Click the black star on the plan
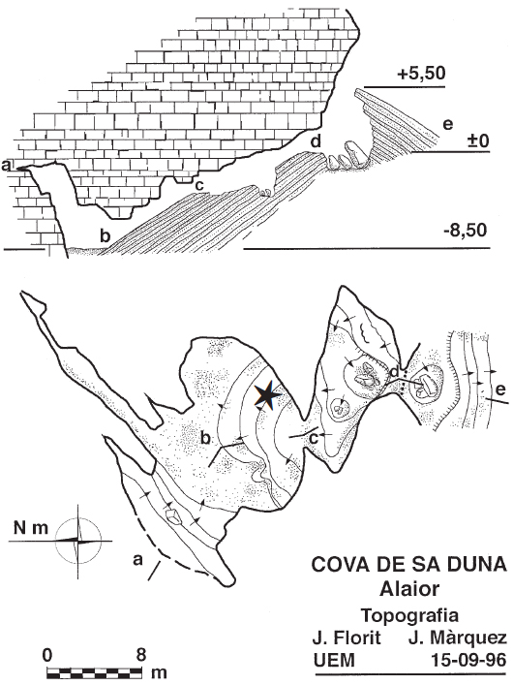pos(267,394)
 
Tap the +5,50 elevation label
pos(421,74)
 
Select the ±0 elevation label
pos(479,141)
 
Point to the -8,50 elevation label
pos(465,231)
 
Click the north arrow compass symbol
pos(78,541)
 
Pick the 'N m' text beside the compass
pos(30,528)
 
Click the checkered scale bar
pos(95,671)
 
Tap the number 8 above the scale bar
pos(140,655)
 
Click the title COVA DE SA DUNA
pos(409,565)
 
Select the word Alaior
pos(409,589)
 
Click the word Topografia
pos(409,615)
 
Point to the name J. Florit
pos(347,638)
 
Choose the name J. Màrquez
pos(458,639)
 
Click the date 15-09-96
pos(468,660)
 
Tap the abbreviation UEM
pos(334,660)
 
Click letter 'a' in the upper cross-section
pos(6,165)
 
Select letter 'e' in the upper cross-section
pos(447,125)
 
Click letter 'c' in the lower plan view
pos(314,439)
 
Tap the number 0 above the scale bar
pos(47,655)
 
